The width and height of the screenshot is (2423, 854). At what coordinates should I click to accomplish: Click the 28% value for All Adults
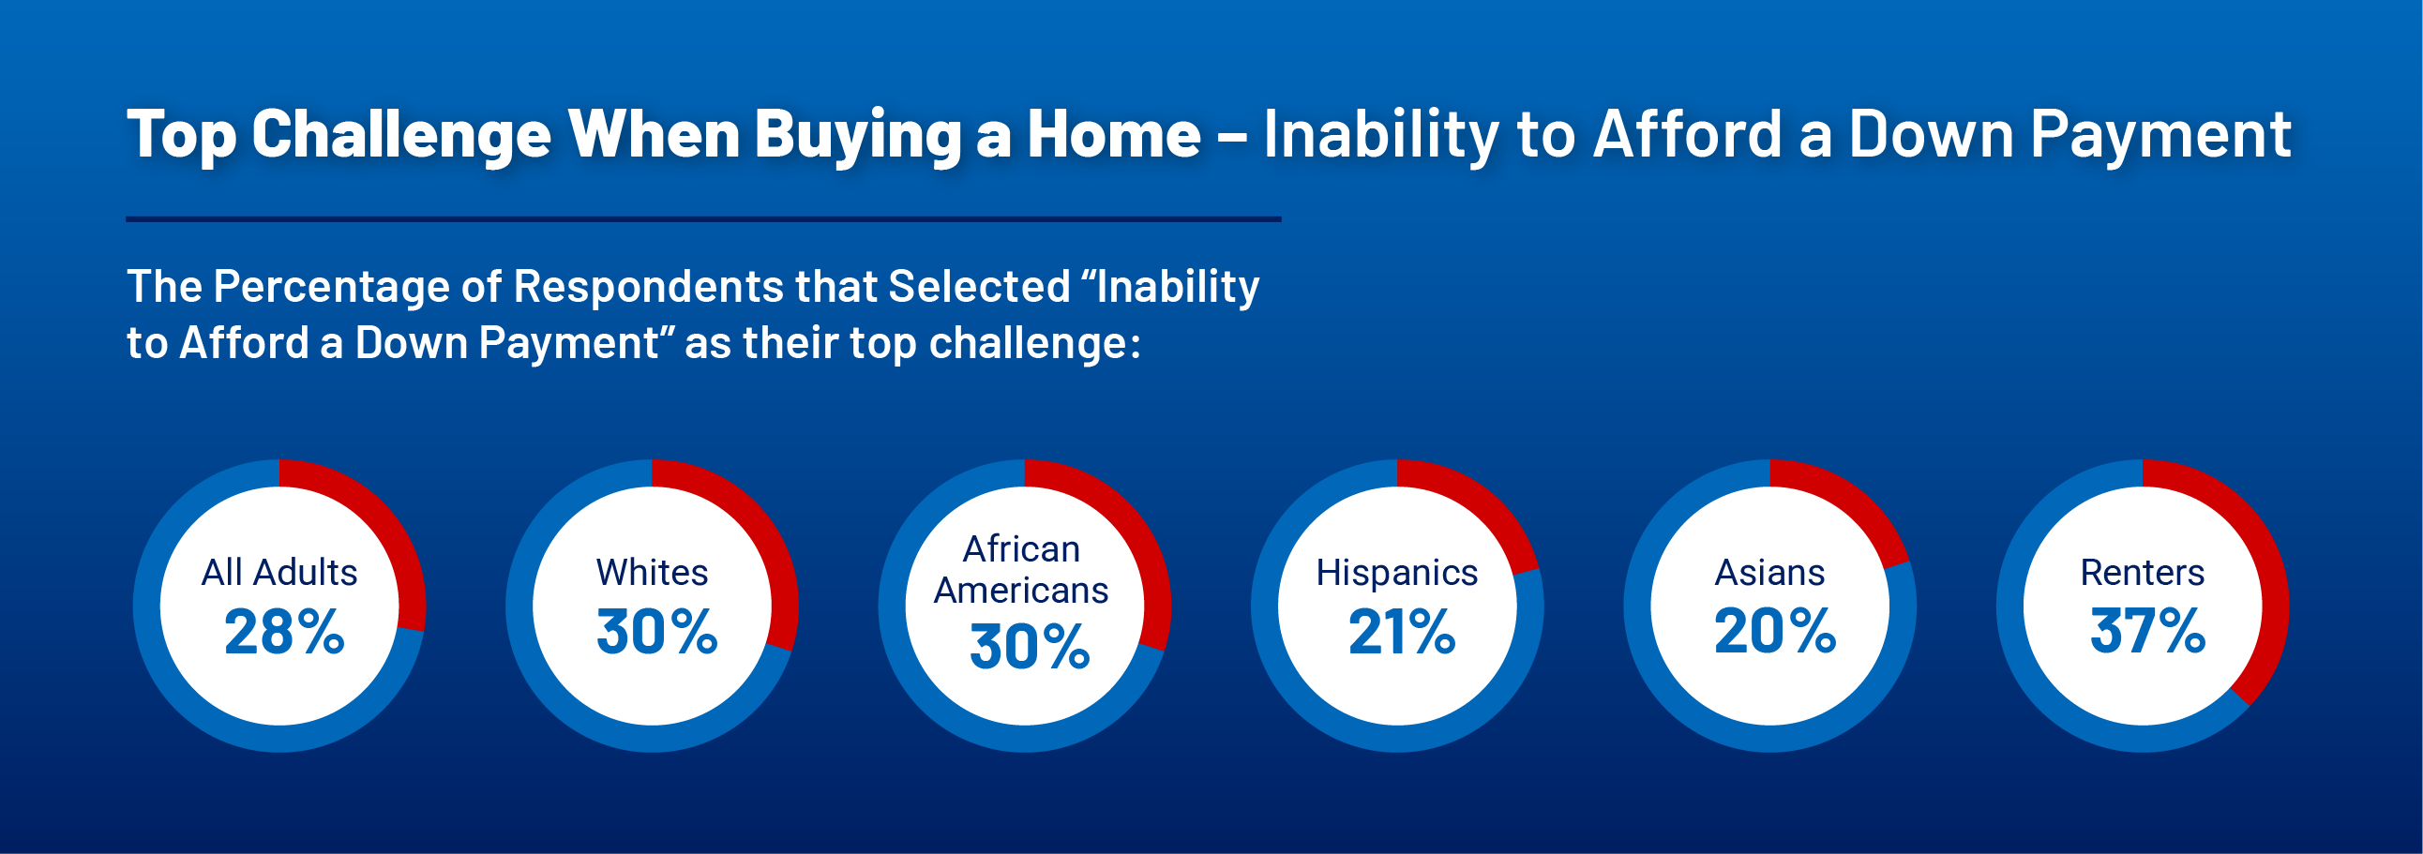point(284,631)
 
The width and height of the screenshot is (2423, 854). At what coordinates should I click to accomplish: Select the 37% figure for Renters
point(2147,630)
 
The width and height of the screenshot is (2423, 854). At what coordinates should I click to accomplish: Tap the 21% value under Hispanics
point(1402,631)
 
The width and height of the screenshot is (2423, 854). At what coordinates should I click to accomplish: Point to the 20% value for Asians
point(1775,630)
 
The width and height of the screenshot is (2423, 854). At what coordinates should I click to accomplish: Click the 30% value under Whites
point(657,631)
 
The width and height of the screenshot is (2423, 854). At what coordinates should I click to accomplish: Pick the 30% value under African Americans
point(1030,647)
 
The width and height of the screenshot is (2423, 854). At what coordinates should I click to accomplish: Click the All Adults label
point(279,572)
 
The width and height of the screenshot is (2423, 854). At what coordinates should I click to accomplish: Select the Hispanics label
point(1397,573)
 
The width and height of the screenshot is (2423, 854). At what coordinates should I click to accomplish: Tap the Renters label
point(2142,572)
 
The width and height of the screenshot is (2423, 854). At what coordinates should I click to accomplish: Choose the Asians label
point(1769,572)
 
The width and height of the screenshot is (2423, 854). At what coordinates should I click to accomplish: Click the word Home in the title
point(1114,133)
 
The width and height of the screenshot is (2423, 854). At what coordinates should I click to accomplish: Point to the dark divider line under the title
point(703,219)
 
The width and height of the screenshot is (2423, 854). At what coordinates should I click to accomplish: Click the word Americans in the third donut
point(1020,591)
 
